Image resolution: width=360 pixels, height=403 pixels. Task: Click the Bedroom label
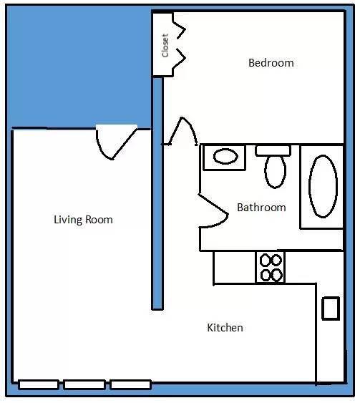pos(271,63)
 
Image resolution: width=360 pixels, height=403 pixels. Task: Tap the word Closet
pos(165,46)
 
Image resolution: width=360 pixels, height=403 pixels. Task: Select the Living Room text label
pos(83,220)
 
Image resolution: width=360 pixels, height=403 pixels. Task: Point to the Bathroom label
pos(261,208)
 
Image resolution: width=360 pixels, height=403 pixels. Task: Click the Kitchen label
pos(225,328)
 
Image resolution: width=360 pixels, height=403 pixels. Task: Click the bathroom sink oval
pos(225,156)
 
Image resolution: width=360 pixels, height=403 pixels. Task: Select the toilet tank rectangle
pos(273,150)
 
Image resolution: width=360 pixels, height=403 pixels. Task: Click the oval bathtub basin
pos(323,186)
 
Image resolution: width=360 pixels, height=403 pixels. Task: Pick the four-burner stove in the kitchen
pos(271,267)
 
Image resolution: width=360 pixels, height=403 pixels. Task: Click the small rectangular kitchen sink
pos(331,309)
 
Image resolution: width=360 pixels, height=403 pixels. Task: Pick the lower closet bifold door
pos(179,59)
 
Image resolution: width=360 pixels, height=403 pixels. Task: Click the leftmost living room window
pos(39,385)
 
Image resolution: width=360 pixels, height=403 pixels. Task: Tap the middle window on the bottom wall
pos(84,385)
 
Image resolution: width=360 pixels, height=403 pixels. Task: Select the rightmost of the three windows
pos(130,385)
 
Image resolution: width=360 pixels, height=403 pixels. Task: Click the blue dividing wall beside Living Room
pos(157,193)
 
